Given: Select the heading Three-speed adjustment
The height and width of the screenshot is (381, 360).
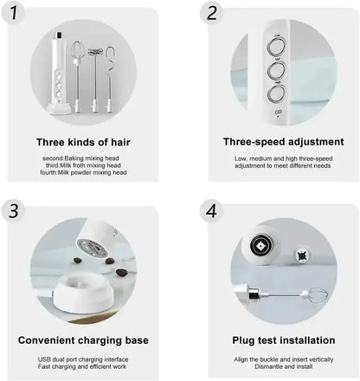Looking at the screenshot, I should point(283,141).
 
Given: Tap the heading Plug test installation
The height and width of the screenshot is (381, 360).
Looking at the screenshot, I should point(283,340).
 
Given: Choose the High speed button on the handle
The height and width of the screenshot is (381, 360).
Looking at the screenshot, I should point(277,92).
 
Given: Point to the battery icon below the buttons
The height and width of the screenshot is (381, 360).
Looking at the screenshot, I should point(278,113).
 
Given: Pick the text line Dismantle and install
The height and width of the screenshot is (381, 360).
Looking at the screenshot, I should point(283,367).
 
